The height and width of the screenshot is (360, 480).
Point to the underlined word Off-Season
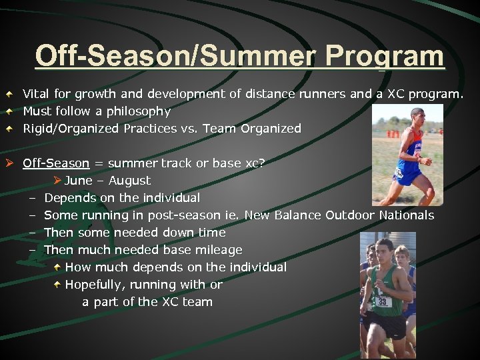click(56, 163)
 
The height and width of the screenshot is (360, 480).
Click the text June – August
click(107, 181)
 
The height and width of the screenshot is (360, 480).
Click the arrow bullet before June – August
click(57, 180)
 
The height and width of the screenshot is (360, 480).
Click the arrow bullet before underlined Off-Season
click(10, 163)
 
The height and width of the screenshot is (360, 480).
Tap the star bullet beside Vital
click(10, 94)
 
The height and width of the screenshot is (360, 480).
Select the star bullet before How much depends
click(58, 267)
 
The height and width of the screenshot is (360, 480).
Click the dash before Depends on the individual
click(31, 198)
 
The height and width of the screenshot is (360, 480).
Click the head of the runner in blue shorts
click(417, 115)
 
